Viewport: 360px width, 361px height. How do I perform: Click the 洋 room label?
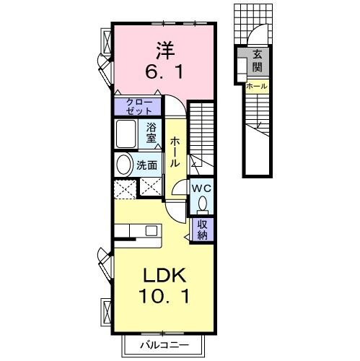pyautogui.click(x=164, y=51)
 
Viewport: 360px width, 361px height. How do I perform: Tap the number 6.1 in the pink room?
pyautogui.click(x=164, y=73)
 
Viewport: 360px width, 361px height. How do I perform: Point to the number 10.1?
pyautogui.click(x=164, y=296)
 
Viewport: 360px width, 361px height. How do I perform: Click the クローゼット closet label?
pyautogui.click(x=139, y=106)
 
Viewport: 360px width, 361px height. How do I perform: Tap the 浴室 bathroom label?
pyautogui.click(x=152, y=132)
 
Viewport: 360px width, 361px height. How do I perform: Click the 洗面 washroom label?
pyautogui.click(x=147, y=165)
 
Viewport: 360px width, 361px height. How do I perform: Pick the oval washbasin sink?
pyautogui.click(x=123, y=164)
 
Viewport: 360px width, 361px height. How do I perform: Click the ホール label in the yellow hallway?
pyautogui.click(x=175, y=153)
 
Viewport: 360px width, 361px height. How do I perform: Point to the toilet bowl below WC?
pyautogui.click(x=201, y=205)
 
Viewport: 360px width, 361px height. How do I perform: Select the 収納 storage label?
pyautogui.click(x=203, y=228)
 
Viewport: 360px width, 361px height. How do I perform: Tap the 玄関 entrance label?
pyautogui.click(x=257, y=61)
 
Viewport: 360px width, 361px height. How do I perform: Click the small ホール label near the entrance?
pyautogui.click(x=256, y=87)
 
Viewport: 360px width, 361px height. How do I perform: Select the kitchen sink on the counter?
pyautogui.click(x=151, y=230)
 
